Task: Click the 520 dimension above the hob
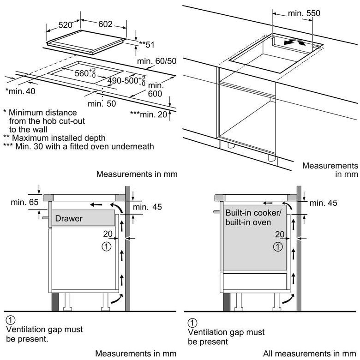(66, 24)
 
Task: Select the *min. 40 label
(20, 91)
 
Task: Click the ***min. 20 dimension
(148, 114)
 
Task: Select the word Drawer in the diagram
(69, 218)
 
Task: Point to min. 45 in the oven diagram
(324, 203)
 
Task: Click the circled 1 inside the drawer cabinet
(106, 246)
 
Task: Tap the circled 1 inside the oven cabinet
(277, 246)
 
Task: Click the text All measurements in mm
(311, 354)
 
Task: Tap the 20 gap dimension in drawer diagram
(108, 234)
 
